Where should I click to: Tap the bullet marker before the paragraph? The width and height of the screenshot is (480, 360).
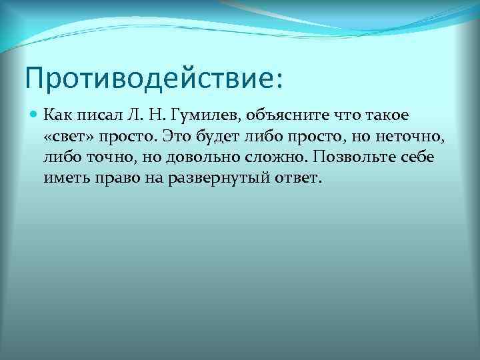[x=35, y=114]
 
